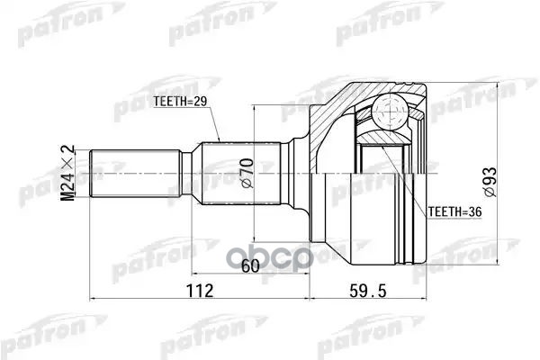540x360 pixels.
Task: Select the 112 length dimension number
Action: (200, 291)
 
